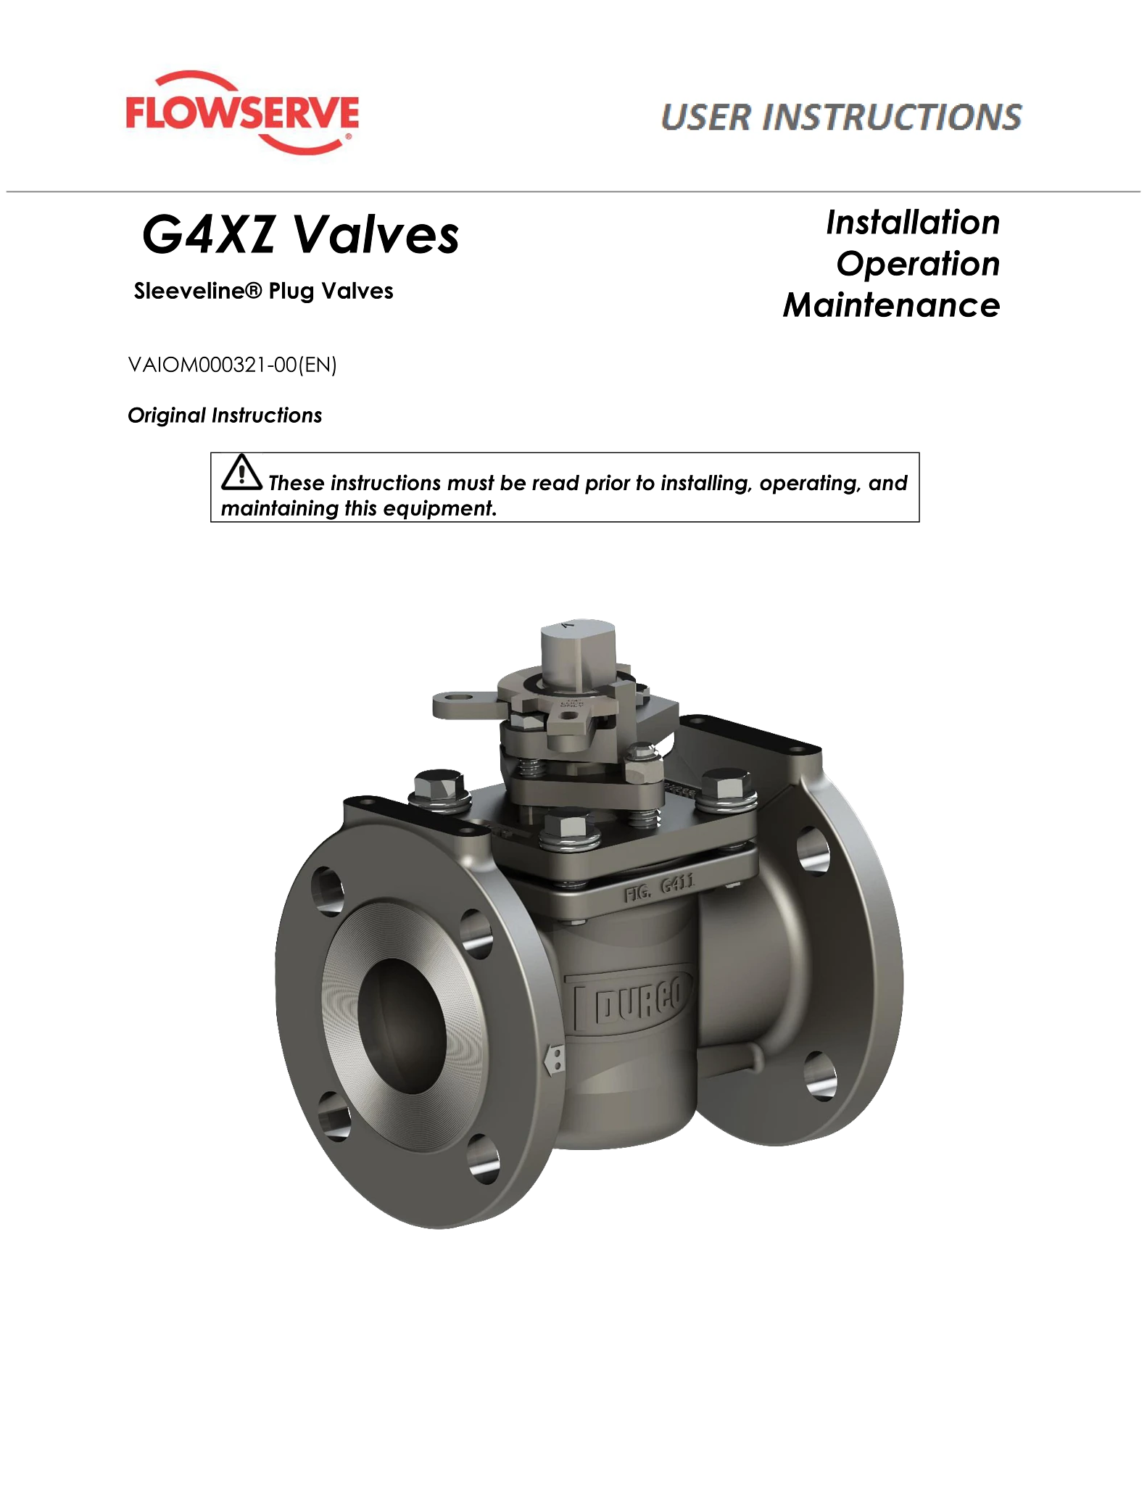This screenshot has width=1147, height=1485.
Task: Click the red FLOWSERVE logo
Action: tap(241, 113)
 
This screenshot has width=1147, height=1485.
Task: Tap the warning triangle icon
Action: tap(243, 472)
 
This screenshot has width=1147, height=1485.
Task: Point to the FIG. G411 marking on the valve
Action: tap(659, 890)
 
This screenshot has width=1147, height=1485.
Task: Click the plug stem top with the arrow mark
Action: tap(573, 642)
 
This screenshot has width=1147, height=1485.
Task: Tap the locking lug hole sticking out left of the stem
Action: tap(453, 702)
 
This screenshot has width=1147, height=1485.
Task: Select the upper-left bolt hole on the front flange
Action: tap(327, 886)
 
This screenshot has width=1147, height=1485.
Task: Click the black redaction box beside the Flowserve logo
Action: tap(515, 122)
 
